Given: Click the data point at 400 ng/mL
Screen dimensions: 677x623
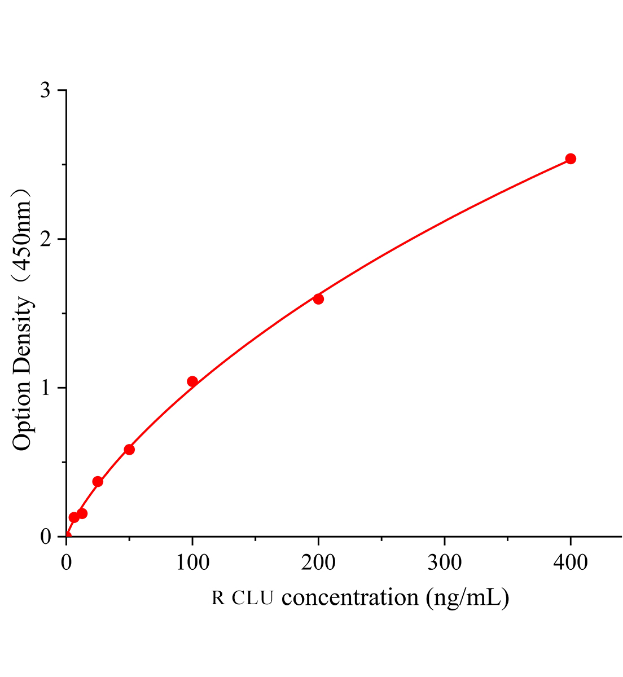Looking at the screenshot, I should pyautogui.click(x=571, y=159).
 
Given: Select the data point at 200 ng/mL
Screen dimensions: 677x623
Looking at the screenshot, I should pyautogui.click(x=318, y=298).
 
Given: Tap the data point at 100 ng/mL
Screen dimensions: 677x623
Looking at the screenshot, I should pyautogui.click(x=192, y=381).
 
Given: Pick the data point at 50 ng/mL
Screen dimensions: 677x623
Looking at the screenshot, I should pyautogui.click(x=129, y=450).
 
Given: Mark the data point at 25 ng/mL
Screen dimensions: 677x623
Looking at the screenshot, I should pyautogui.click(x=98, y=481).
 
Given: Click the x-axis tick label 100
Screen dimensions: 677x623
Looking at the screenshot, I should pyautogui.click(x=192, y=562).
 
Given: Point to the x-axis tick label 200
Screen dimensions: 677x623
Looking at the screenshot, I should pyautogui.click(x=318, y=562).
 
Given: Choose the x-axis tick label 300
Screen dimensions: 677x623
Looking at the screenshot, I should pyautogui.click(x=445, y=562).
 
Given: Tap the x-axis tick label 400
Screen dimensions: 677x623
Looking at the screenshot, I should pyautogui.click(x=571, y=562).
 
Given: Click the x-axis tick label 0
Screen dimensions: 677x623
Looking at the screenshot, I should pyautogui.click(x=66, y=562).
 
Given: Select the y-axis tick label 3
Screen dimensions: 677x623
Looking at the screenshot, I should pyautogui.click(x=46, y=90).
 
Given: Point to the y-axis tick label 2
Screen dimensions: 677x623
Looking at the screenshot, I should pyautogui.click(x=46, y=239).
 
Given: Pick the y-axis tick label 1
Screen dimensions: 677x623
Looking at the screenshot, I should pyautogui.click(x=46, y=388).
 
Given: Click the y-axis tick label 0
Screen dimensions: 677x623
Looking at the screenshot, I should pyautogui.click(x=46, y=537).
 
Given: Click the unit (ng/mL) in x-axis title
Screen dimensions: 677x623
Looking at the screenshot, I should pyautogui.click(x=468, y=597).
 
